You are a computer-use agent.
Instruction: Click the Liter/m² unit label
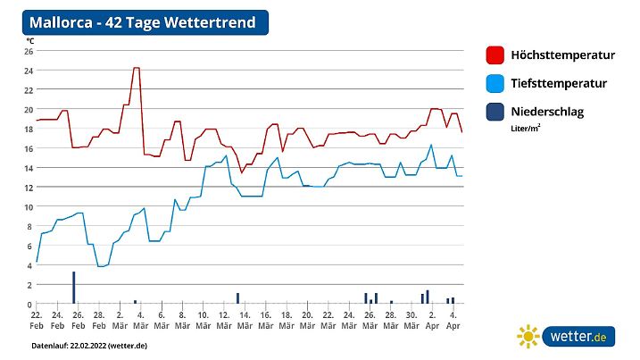click(x=525, y=129)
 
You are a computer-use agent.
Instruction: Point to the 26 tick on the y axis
click(x=29, y=51)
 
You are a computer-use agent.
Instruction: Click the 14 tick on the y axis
click(x=29, y=168)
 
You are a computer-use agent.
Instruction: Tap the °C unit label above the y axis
click(x=29, y=40)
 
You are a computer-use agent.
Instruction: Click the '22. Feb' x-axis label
click(x=37, y=321)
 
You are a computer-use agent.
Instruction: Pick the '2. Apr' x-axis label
click(x=432, y=321)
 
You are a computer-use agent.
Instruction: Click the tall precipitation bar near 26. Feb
click(x=73, y=288)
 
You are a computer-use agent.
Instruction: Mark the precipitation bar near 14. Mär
click(x=237, y=298)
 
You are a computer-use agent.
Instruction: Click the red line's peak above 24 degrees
click(x=136, y=68)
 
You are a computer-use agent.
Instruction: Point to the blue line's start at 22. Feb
click(x=37, y=262)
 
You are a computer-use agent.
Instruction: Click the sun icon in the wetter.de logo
click(x=528, y=337)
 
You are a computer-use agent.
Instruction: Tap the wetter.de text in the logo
click(x=578, y=337)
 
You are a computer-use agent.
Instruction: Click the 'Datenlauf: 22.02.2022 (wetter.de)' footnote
click(x=89, y=345)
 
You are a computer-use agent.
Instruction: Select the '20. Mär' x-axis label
click(x=307, y=321)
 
